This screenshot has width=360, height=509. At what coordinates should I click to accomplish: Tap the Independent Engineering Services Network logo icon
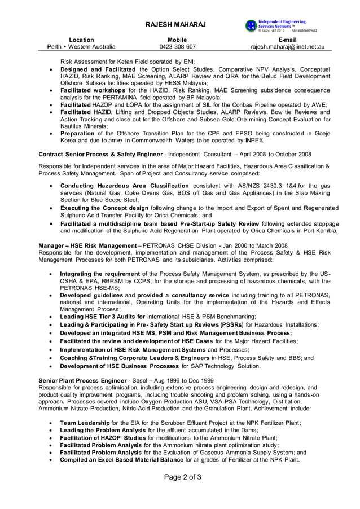[x=251, y=25]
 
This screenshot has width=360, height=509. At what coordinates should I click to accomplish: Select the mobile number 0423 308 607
[x=177, y=47]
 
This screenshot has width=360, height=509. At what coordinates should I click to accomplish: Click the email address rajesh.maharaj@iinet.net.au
[x=287, y=47]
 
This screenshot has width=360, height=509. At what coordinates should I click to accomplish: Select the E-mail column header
[x=287, y=40]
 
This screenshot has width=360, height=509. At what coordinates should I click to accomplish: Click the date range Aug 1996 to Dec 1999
[x=186, y=381]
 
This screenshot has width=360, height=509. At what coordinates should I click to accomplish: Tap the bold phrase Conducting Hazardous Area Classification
[x=125, y=186]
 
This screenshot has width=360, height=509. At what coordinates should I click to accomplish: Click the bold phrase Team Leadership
[x=85, y=423]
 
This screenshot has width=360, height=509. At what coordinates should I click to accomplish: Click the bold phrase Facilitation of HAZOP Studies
[x=103, y=437]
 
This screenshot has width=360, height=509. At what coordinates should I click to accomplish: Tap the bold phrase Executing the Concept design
[x=104, y=208]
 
